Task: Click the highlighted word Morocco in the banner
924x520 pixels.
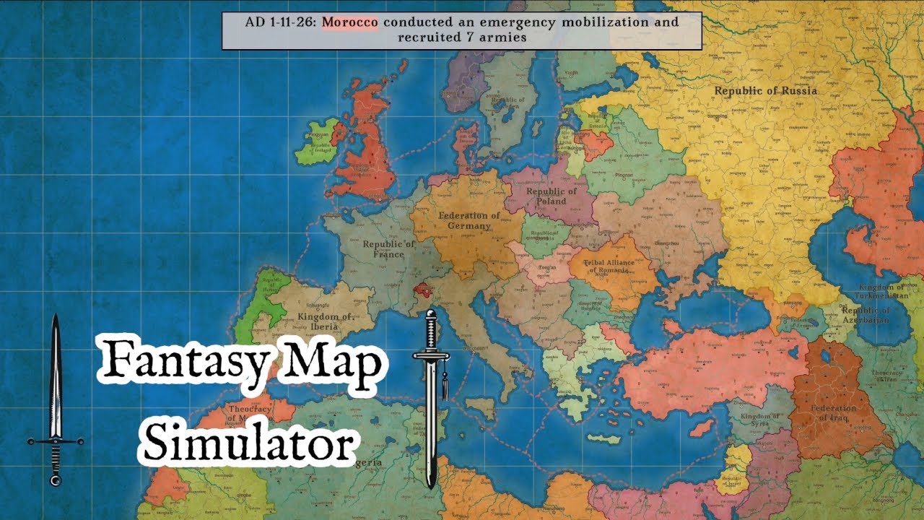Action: click(350, 22)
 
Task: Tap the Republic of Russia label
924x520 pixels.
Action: click(766, 90)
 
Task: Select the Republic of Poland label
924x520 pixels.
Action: click(552, 196)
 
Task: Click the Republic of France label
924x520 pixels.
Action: click(388, 249)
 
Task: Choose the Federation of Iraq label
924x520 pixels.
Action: click(834, 412)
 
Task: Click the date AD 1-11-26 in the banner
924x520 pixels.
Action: click(280, 22)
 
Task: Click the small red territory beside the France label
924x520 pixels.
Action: click(423, 290)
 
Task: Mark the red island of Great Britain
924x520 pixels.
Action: click(367, 144)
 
